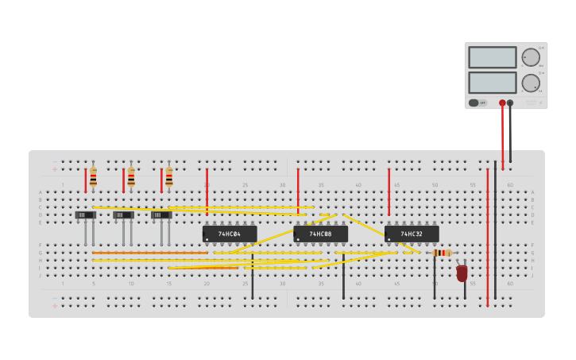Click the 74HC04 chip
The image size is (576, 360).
pyautogui.click(x=230, y=234)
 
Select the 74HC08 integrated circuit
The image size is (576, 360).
pyautogui.click(x=320, y=234)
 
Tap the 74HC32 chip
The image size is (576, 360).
pyautogui.click(x=412, y=234)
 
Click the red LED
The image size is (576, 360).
pyautogui.click(x=462, y=273)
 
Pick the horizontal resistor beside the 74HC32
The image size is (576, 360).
pyautogui.click(x=443, y=253)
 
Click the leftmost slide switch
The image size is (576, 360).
pyautogui.click(x=85, y=215)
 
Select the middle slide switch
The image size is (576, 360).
pyautogui.click(x=123, y=215)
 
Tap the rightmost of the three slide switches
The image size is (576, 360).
pyautogui.click(x=161, y=215)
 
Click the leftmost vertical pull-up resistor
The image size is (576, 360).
pyautogui.click(x=93, y=177)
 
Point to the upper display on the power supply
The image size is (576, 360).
pyautogui.click(x=492, y=57)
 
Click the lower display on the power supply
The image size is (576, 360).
pyautogui.click(x=492, y=83)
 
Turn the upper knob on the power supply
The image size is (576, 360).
pyautogui.click(x=530, y=57)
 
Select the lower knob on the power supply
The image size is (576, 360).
pyautogui.click(x=530, y=83)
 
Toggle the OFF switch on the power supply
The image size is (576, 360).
pyautogui.click(x=478, y=103)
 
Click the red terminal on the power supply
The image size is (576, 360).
pyautogui.click(x=502, y=103)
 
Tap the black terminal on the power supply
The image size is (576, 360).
pyautogui.click(x=510, y=103)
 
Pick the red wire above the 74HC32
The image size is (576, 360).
pyautogui.click(x=389, y=192)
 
